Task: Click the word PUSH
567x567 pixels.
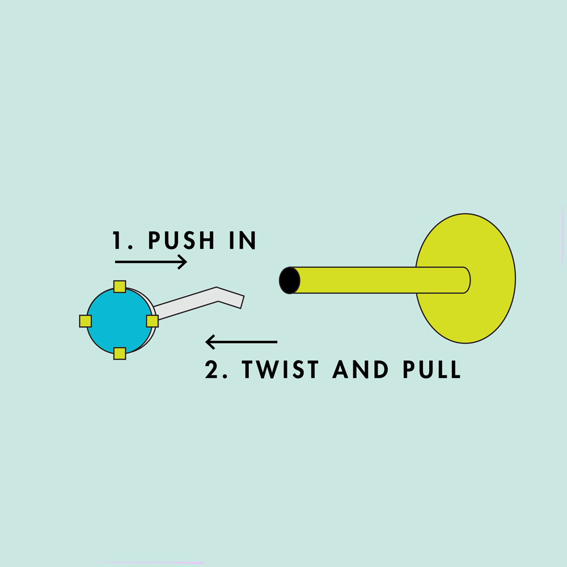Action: click(x=181, y=240)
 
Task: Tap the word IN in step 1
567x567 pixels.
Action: click(x=243, y=240)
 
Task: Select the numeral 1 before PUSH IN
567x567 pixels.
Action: click(x=117, y=240)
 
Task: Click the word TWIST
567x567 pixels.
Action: click(x=280, y=369)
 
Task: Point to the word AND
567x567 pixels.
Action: click(x=360, y=369)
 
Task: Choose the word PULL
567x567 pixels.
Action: click(x=431, y=369)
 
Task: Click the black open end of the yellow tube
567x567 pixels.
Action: click(x=289, y=280)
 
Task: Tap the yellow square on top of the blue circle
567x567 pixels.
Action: click(x=120, y=286)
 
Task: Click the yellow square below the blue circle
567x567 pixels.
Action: click(x=120, y=353)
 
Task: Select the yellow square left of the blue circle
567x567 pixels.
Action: click(x=86, y=321)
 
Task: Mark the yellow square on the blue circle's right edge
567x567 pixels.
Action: click(x=152, y=321)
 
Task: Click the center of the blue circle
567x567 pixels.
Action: click(x=120, y=321)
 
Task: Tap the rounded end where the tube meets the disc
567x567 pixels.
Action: click(x=467, y=280)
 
